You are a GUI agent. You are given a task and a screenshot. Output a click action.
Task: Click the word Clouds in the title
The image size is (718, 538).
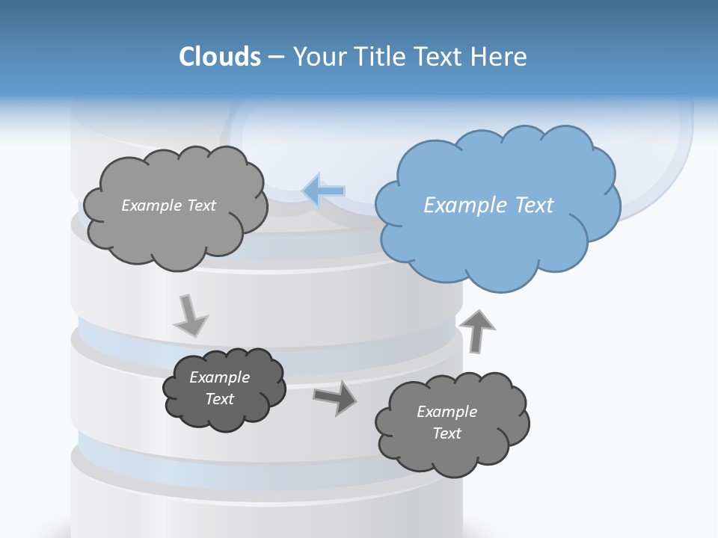(220, 57)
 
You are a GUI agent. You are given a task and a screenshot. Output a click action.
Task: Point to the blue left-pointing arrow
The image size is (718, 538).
(324, 191)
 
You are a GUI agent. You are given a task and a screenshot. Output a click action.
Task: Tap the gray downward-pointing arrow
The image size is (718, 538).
(190, 316)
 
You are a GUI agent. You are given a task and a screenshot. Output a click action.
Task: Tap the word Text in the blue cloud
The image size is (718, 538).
(535, 205)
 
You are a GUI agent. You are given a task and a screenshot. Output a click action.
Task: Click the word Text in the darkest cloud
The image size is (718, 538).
(220, 399)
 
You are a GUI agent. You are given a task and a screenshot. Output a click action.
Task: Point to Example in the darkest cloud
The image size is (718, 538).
(220, 377)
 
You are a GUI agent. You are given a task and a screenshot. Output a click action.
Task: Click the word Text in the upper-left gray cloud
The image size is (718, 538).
(201, 205)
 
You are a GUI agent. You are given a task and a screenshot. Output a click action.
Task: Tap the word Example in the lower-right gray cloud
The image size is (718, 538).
(447, 412)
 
